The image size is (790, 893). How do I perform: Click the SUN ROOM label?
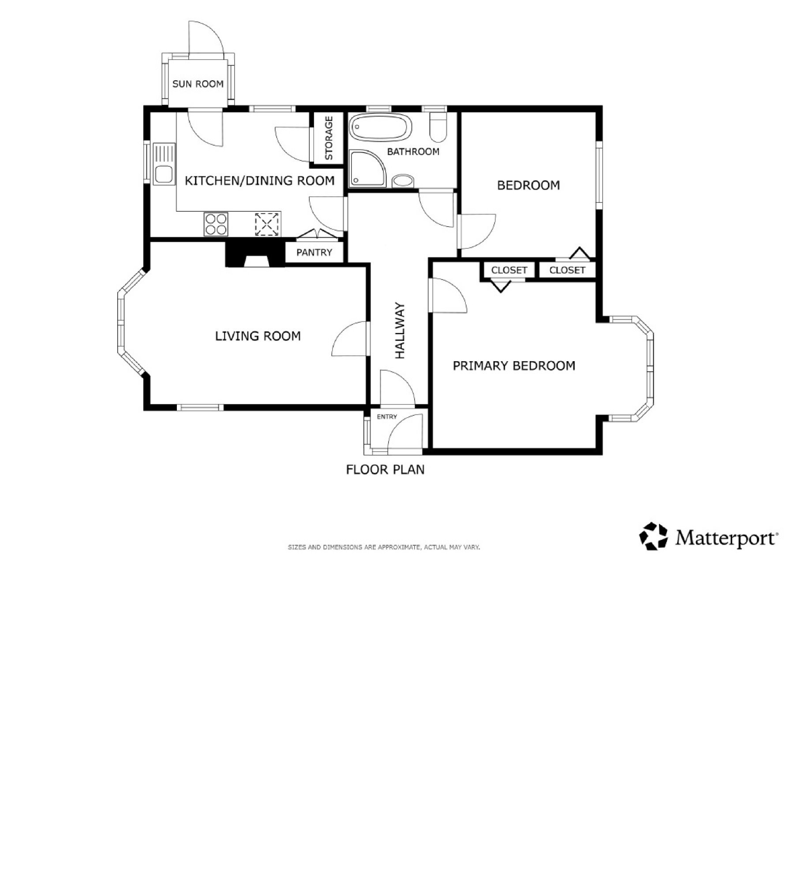(198, 84)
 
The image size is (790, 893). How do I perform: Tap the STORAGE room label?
(329, 138)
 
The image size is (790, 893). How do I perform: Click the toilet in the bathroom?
(438, 127)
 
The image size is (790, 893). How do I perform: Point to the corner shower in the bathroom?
(367, 168)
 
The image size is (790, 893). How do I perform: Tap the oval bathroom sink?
(403, 181)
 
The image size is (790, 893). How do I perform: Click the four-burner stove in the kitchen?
(216, 224)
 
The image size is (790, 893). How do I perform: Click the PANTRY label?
(314, 253)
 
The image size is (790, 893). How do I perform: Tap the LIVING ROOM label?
(258, 336)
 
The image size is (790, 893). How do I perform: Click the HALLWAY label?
(400, 330)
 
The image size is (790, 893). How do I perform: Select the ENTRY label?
(387, 417)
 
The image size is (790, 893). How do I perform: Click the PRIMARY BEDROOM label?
(514, 366)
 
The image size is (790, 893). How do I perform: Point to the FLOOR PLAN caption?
(385, 469)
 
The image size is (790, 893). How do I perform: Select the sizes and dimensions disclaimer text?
(384, 547)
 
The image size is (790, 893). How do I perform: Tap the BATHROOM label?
(413, 152)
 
